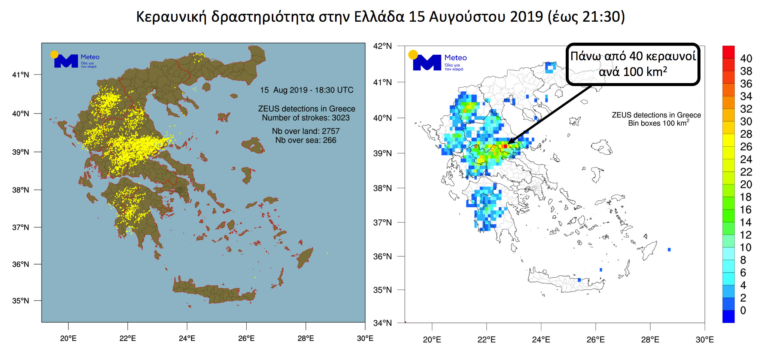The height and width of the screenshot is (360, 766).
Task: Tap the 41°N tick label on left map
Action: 20,75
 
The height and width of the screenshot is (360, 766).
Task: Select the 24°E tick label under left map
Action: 187,339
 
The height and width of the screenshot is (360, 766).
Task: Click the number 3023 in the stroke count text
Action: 341,118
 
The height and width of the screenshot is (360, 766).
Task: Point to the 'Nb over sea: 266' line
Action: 306,140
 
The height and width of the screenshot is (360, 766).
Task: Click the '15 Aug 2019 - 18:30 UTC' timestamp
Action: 307,90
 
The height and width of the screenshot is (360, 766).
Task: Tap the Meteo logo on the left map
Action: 75,60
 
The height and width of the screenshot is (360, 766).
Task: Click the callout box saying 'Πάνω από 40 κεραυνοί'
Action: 633,64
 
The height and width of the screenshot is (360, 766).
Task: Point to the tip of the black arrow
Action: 508,144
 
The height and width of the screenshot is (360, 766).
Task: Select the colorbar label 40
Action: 746,59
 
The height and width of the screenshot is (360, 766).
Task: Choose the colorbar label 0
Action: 743,311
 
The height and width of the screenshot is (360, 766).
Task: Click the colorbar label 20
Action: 746,184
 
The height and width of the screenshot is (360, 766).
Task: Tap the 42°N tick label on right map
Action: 382,46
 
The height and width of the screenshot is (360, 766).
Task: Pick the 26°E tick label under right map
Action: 595,340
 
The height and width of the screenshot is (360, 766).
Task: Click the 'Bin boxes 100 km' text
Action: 658,123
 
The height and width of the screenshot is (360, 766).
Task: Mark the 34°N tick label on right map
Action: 382,323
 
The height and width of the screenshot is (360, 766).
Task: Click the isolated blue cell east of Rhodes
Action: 669,250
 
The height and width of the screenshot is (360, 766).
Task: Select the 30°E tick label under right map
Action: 704,340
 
